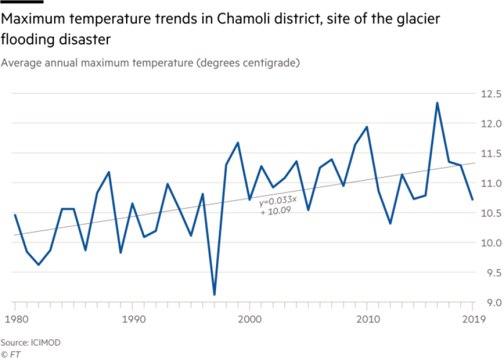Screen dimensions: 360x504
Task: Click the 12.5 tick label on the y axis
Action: (490, 94)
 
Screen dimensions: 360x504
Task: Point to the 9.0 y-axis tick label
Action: (490, 302)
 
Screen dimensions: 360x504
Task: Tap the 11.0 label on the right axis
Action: (490, 183)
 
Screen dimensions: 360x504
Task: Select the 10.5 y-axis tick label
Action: (490, 213)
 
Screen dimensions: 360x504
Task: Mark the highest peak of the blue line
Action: (437, 103)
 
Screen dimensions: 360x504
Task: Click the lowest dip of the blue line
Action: (214, 294)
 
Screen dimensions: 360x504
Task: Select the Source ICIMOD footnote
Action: (31, 343)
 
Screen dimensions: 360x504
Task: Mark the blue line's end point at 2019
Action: (473, 200)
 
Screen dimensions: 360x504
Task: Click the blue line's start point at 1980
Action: (14, 214)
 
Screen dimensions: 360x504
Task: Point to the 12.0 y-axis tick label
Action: (490, 124)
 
